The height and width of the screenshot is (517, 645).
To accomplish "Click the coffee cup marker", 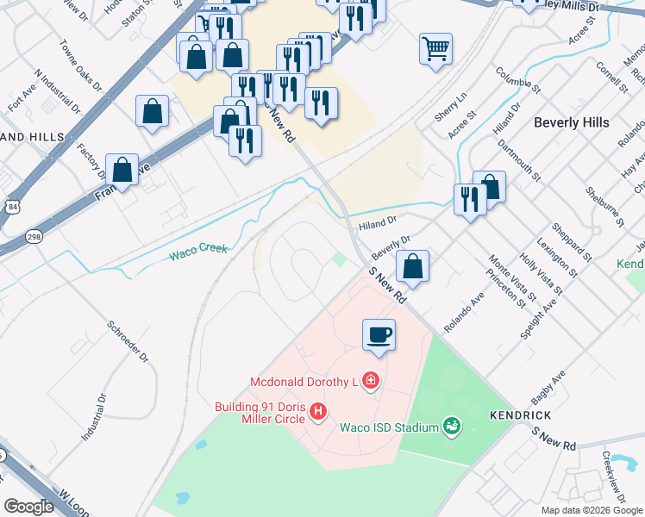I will pyautogui.click(x=379, y=333).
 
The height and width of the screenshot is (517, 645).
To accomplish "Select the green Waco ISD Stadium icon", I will pyautogui.click(x=449, y=426).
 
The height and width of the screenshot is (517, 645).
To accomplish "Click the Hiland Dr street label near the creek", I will pyautogui.click(x=378, y=221).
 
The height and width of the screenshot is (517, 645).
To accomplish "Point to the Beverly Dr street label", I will pyautogui.click(x=391, y=249).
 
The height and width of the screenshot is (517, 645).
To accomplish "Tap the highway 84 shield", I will pyautogui.click(x=10, y=208).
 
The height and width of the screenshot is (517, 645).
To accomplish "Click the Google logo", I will pyautogui.click(x=28, y=506).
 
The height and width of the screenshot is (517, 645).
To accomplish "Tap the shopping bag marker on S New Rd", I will pyautogui.click(x=414, y=266).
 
